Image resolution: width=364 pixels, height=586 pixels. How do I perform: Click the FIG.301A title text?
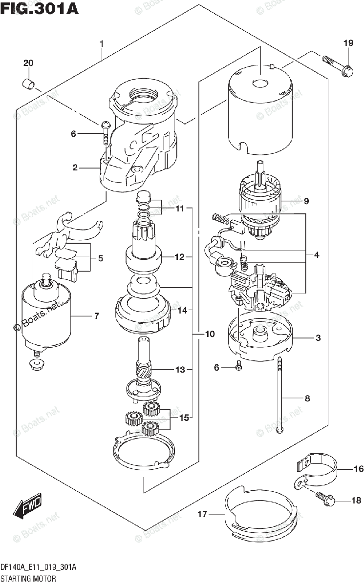point(40,9)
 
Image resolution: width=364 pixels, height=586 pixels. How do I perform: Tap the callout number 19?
point(348,44)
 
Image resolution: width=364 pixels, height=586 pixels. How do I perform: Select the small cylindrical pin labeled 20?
point(29,84)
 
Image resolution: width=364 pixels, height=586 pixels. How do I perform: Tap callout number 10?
point(210,335)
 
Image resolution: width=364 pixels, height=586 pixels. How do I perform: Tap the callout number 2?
point(75,167)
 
